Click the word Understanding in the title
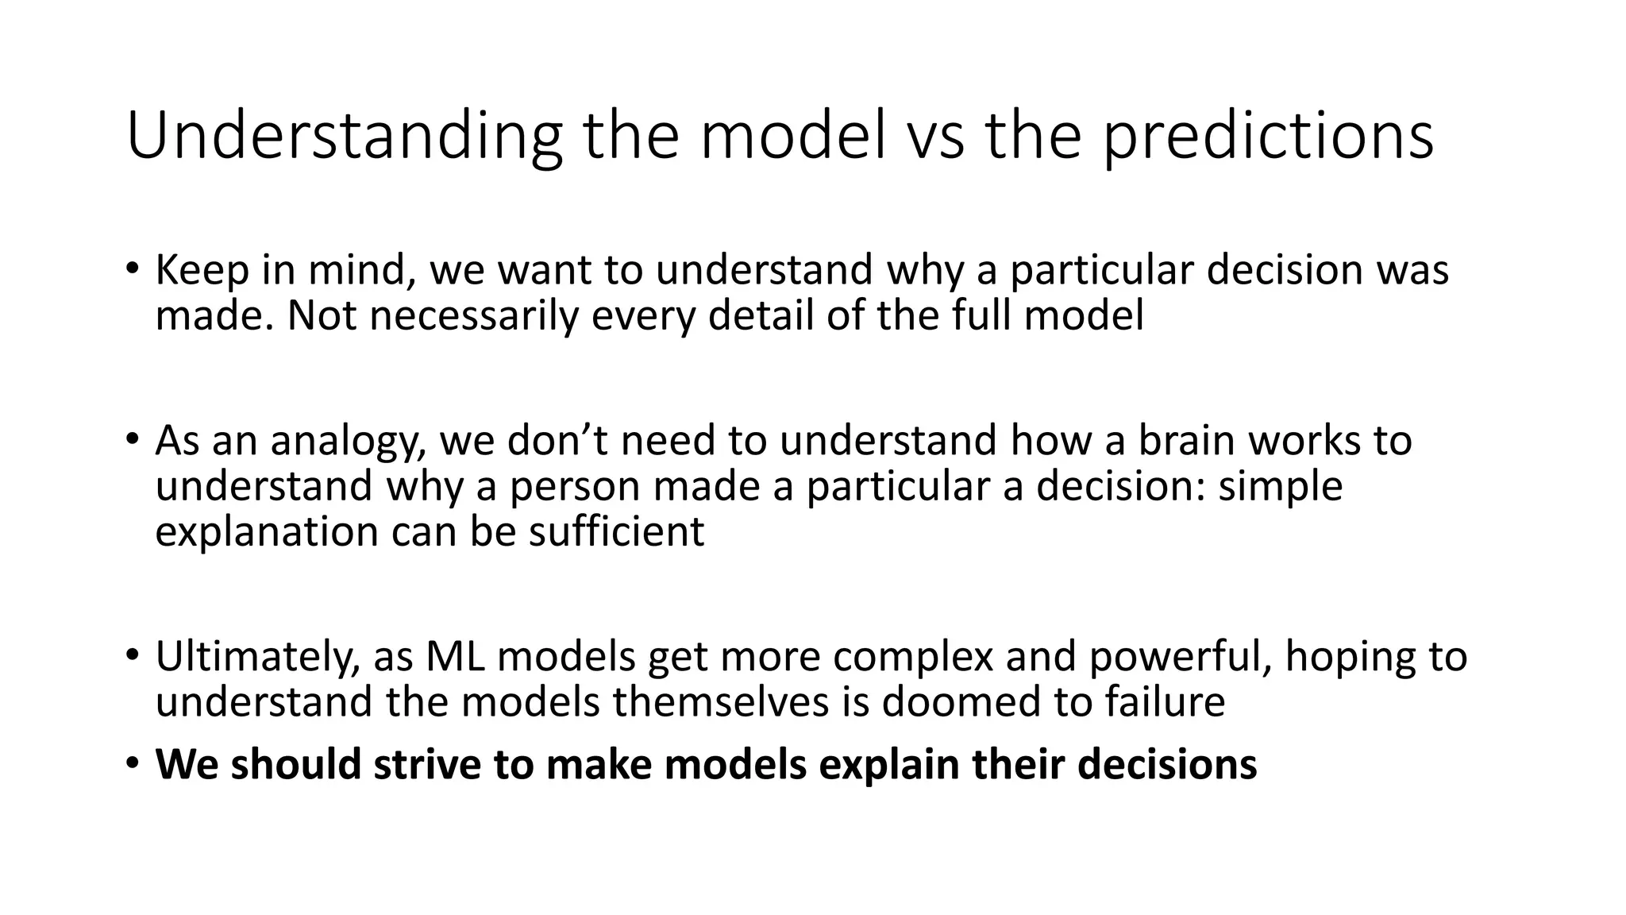click(344, 137)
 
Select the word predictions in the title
click(1269, 137)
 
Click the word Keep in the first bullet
click(202, 270)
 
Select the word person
click(575, 486)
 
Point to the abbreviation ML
click(455, 657)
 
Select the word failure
click(1165, 702)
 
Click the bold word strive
click(427, 764)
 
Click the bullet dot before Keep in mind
click(132, 270)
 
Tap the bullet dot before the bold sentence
click(132, 764)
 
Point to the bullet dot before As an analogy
click(132, 441)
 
